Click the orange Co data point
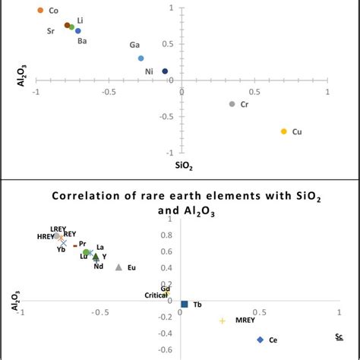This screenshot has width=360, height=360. pyautogui.click(x=40, y=11)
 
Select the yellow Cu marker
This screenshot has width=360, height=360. pyautogui.click(x=284, y=131)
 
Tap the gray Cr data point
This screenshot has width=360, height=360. pyautogui.click(x=232, y=103)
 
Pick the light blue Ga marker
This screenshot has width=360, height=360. pyautogui.click(x=141, y=58)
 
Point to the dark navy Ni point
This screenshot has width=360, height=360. pyautogui.click(x=165, y=71)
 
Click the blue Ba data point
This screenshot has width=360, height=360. pyautogui.click(x=77, y=30)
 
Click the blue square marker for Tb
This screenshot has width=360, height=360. pyautogui.click(x=184, y=304)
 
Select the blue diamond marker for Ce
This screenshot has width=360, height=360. pyautogui.click(x=260, y=339)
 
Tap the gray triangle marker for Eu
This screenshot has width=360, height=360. pyautogui.click(x=118, y=267)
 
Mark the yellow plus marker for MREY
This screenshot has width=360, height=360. pyautogui.click(x=222, y=321)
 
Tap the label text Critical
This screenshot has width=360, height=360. pyautogui.click(x=156, y=295)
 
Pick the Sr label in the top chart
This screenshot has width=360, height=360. pyautogui.click(x=50, y=31)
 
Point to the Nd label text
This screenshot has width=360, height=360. pyautogui.click(x=98, y=266)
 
